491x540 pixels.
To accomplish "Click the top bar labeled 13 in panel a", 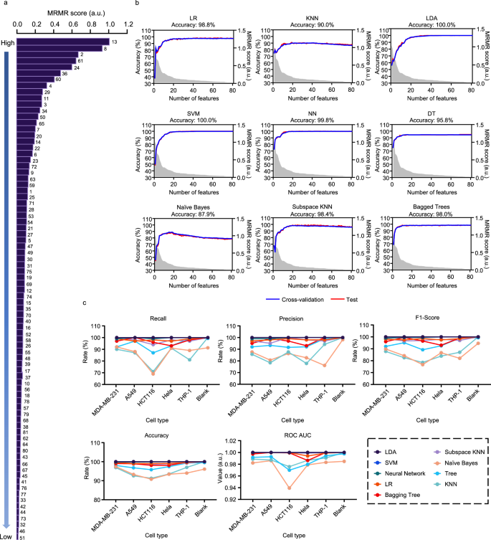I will tap(62, 42).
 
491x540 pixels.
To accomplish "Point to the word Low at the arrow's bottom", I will tap(8, 535).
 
